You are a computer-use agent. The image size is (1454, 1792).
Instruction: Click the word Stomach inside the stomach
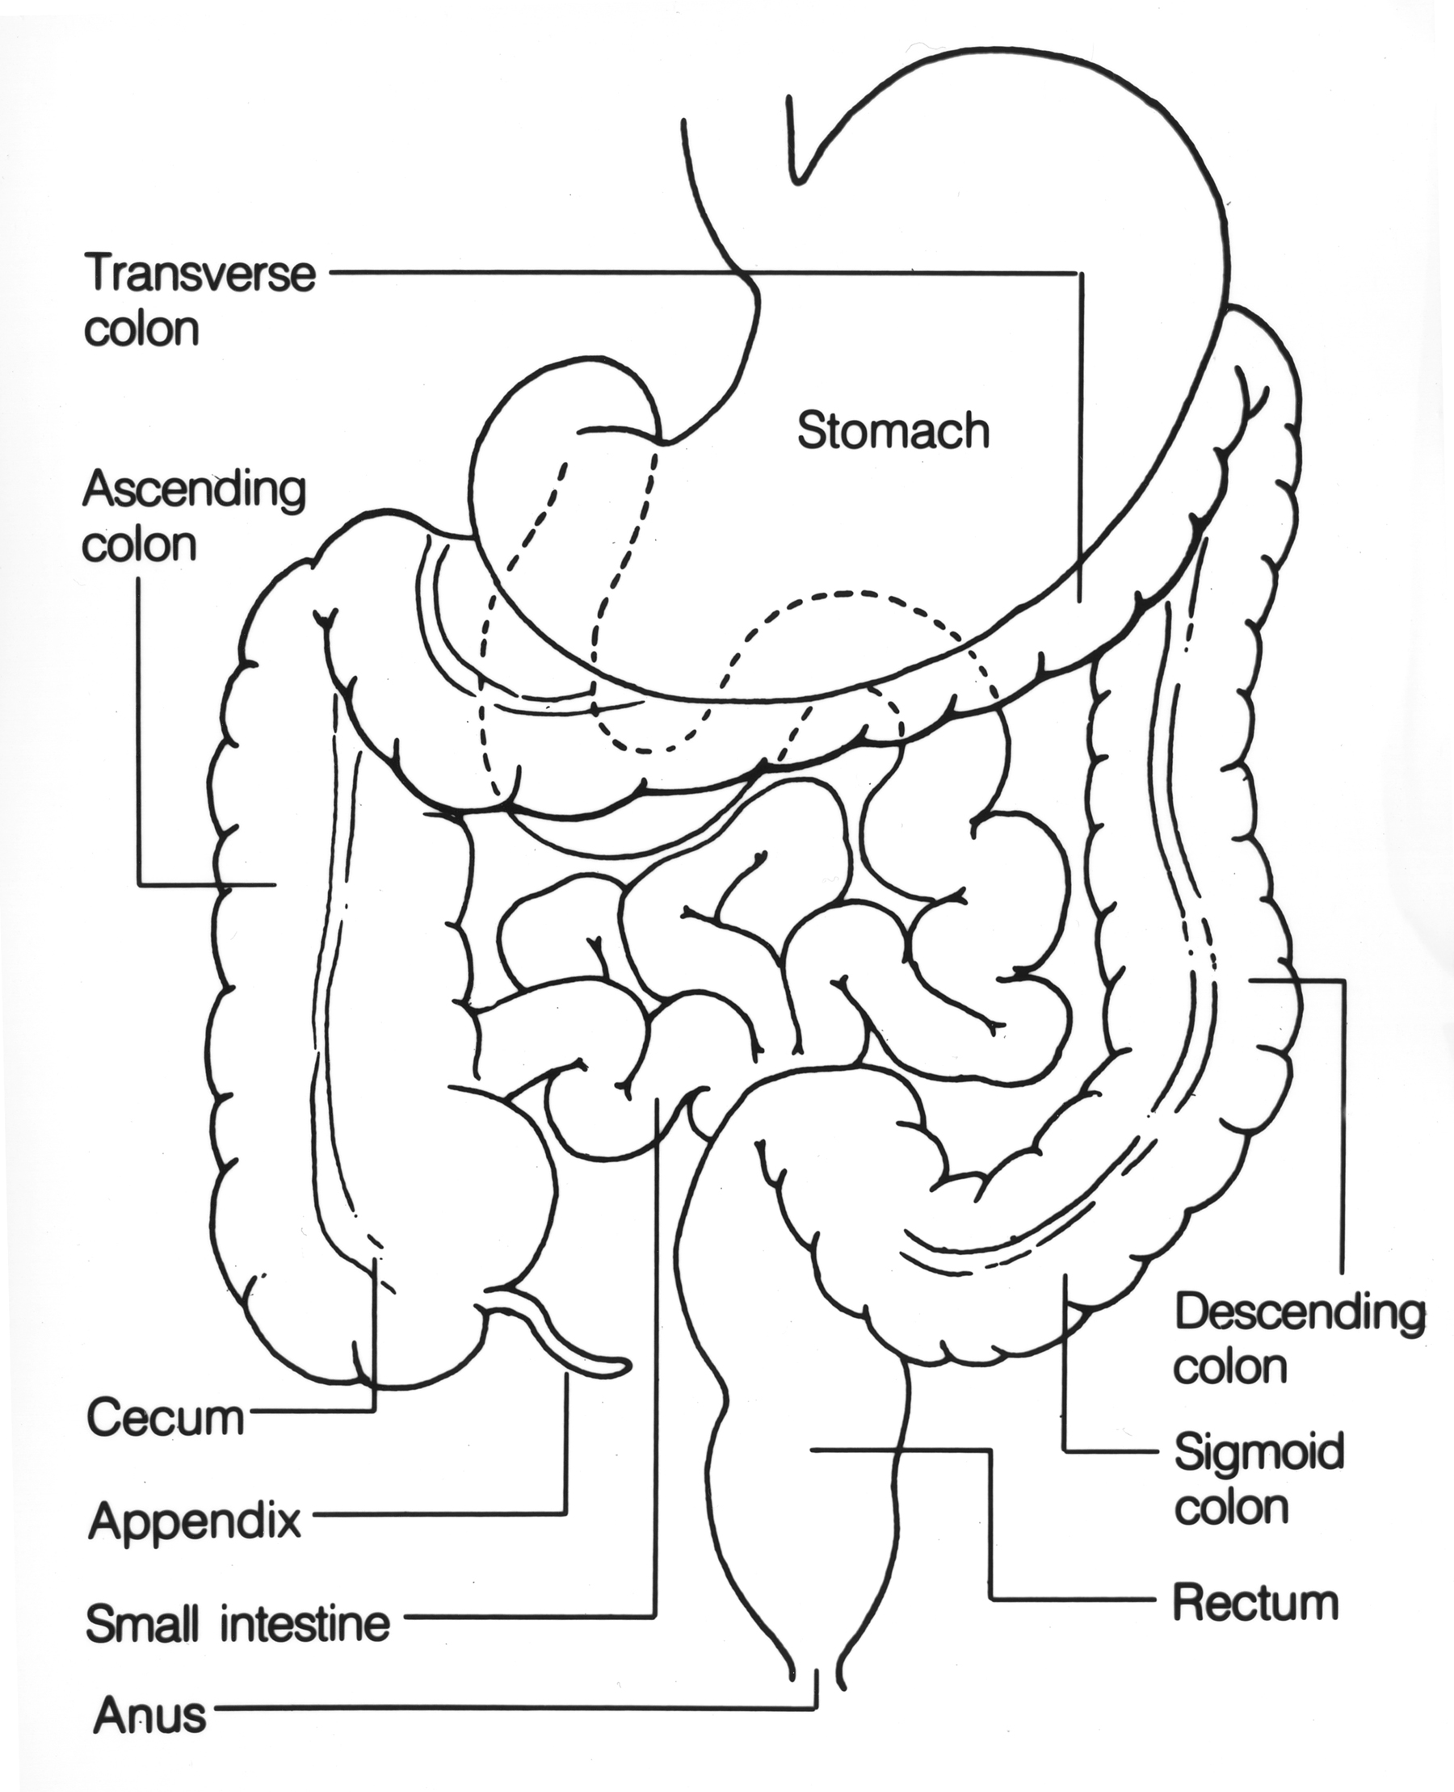(892, 432)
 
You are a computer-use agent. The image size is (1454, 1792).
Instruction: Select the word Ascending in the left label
(195, 492)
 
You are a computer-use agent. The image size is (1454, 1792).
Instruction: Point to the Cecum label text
(165, 1417)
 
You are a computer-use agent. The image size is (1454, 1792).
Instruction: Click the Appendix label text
(195, 1519)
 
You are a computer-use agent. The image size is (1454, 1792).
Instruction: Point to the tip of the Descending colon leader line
(1250, 979)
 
